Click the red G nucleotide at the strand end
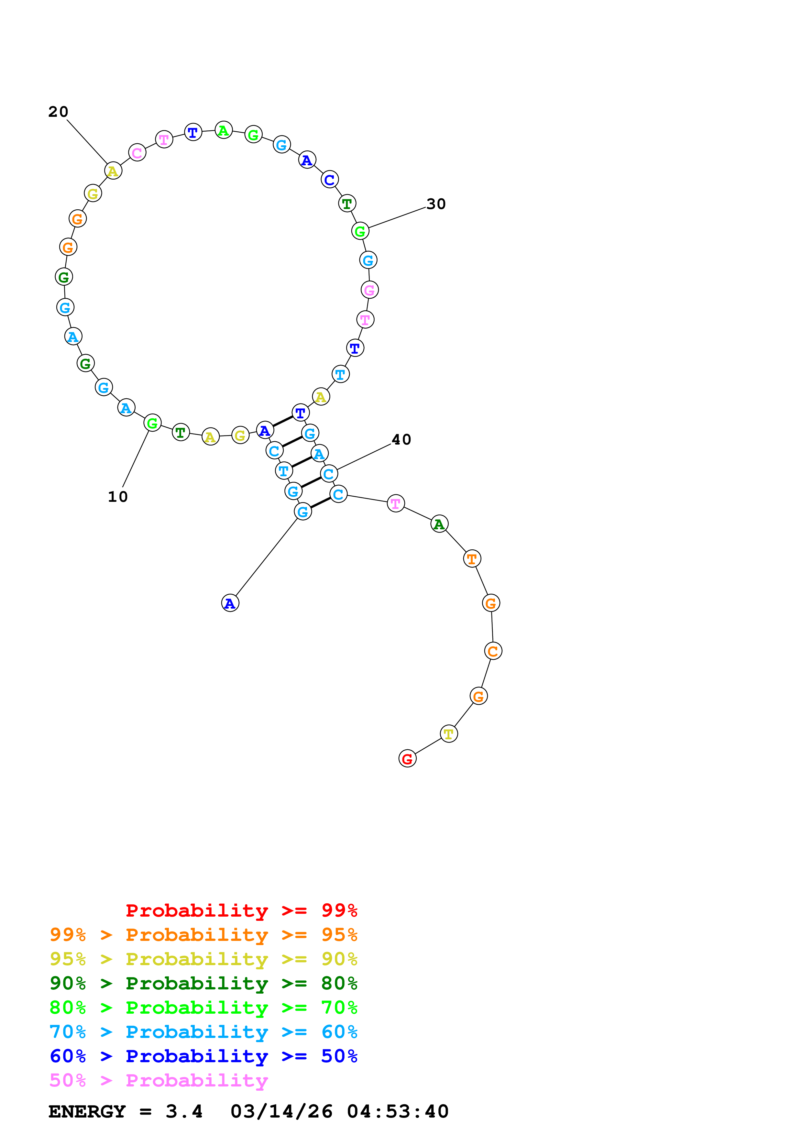pos(407,758)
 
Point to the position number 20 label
pos(58,112)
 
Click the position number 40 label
pos(401,439)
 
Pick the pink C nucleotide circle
pos(137,153)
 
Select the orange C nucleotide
pos(493,651)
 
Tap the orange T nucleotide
pos(472,558)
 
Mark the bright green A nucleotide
pos(223,130)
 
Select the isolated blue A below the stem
pos(230,603)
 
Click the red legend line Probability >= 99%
pos(241,910)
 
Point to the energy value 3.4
pos(184,1111)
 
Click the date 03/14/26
pos(281,1111)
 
